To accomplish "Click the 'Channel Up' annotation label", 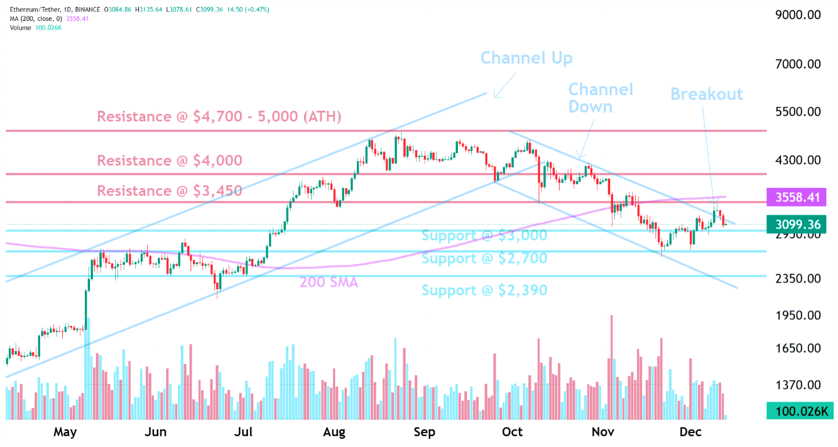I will click(526, 58).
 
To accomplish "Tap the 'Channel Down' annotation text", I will click(600, 98).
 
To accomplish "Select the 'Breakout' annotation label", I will click(706, 94).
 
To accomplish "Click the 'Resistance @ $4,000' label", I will click(169, 161).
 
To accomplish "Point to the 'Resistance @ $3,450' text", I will click(169, 191).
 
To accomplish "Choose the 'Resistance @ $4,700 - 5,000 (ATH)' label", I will click(219, 117).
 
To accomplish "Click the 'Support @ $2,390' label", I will click(484, 290).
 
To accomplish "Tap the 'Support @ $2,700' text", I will click(484, 258).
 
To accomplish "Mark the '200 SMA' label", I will click(328, 283).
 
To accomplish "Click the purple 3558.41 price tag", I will click(798, 198).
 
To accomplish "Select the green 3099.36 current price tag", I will click(798, 224).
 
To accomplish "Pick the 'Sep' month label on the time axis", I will click(424, 432).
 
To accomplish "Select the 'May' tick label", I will click(65, 432).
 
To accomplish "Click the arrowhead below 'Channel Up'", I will click(495, 96).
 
